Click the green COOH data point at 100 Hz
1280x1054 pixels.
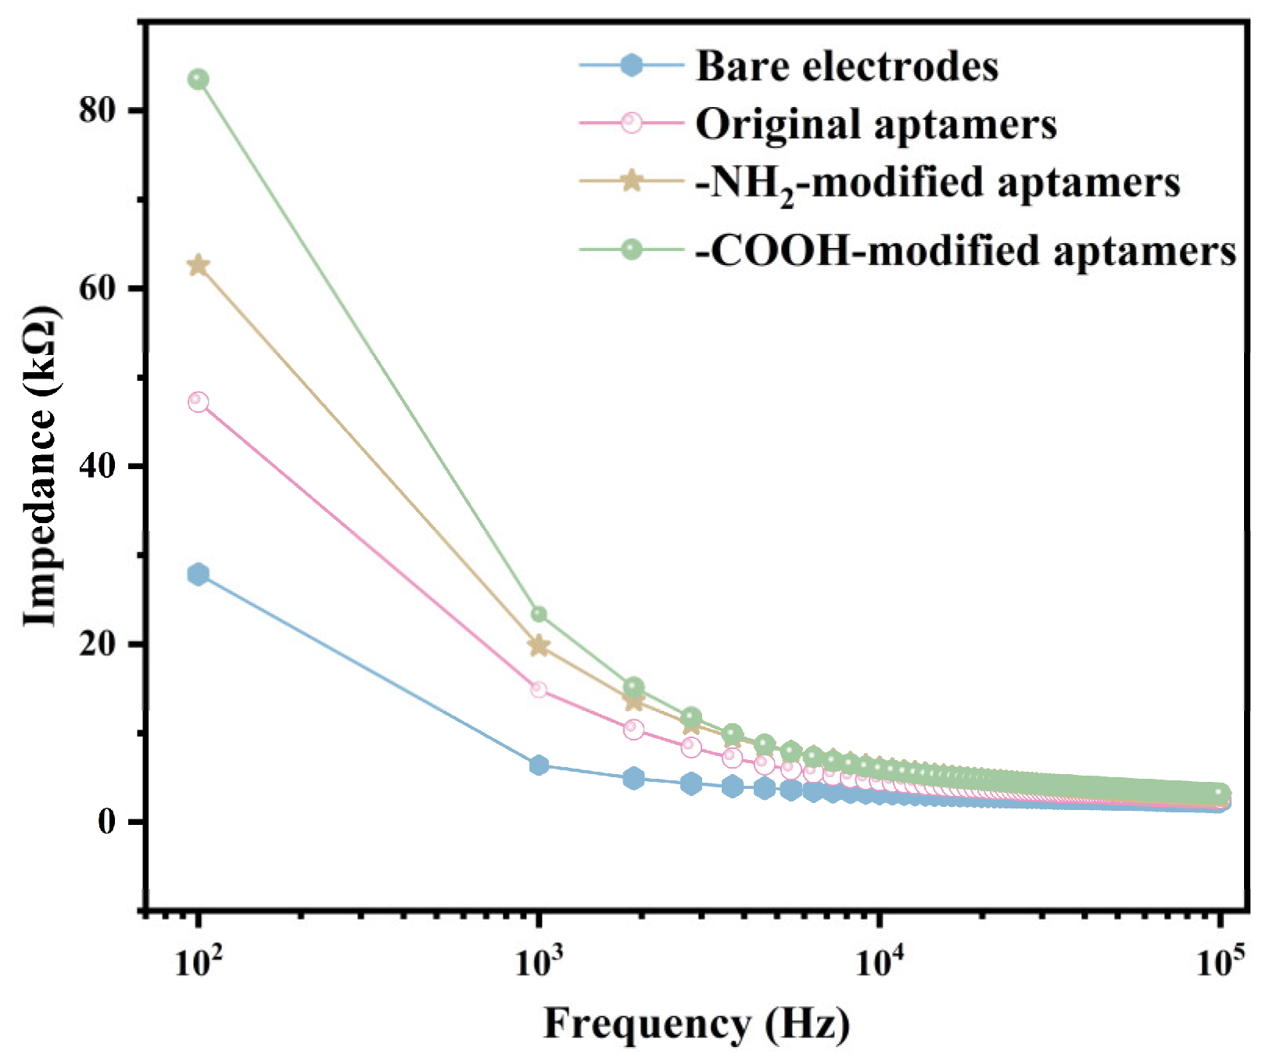click(199, 79)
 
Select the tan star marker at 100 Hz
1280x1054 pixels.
click(199, 266)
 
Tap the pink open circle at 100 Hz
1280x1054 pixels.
click(199, 402)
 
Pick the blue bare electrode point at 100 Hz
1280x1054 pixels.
click(199, 574)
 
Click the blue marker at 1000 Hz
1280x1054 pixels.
click(539, 765)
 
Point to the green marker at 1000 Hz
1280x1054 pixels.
click(539, 615)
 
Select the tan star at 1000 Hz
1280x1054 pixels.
click(539, 646)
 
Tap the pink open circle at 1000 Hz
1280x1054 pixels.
click(539, 690)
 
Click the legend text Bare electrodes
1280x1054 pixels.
click(847, 66)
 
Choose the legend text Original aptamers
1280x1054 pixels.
click(876, 125)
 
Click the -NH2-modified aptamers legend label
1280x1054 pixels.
click(937, 185)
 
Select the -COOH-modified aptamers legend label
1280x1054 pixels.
click(966, 251)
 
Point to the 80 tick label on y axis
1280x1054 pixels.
click(97, 110)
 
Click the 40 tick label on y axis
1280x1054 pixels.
click(97, 467)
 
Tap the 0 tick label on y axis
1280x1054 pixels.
click(107, 823)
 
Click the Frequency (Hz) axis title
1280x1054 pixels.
click(697, 1024)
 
